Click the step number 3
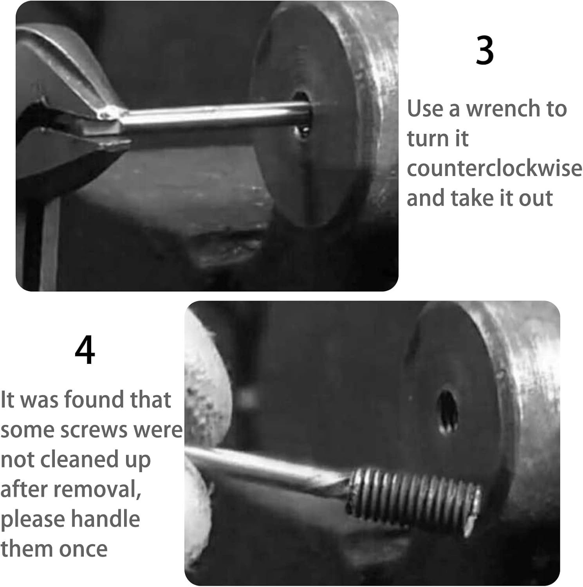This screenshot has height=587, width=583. click(x=484, y=51)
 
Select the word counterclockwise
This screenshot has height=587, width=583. click(x=494, y=168)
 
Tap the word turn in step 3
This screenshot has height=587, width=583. click(x=438, y=139)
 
